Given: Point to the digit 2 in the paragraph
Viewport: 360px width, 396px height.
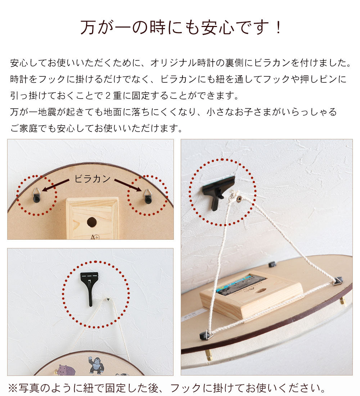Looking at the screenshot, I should click(108, 96).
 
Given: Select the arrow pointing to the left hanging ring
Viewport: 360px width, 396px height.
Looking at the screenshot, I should click(56, 185).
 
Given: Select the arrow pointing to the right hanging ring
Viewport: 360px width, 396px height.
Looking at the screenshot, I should click(128, 185).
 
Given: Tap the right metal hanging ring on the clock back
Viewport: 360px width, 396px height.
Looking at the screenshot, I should click(148, 196).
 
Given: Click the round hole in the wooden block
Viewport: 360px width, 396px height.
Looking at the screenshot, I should click(92, 222).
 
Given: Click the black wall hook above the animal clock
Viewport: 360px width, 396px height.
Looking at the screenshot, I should click(89, 286).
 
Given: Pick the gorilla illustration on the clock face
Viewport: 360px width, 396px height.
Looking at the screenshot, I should click(96, 365).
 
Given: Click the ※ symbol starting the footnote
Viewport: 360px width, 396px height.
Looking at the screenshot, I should click(13, 388).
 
